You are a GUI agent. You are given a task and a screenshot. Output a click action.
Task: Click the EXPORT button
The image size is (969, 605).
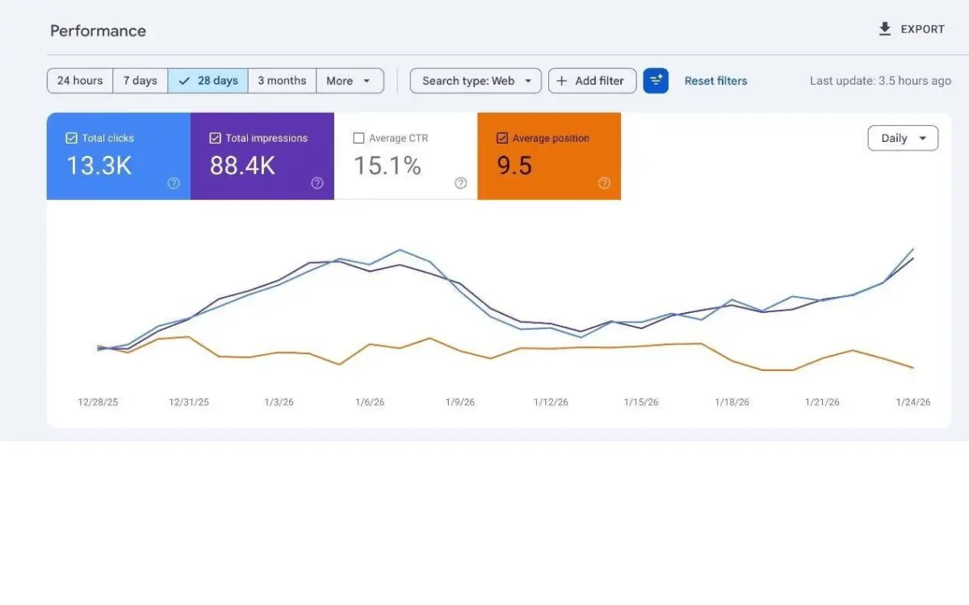[911, 29]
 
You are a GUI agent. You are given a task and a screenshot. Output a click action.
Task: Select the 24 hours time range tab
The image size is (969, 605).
[80, 81]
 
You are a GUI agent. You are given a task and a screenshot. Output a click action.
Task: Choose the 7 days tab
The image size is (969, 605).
[141, 81]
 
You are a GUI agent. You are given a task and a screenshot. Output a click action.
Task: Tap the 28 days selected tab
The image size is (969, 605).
[208, 81]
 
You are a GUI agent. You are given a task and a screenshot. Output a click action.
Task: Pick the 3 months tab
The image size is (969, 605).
[282, 81]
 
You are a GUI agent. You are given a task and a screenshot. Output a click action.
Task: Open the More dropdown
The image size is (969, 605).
[349, 81]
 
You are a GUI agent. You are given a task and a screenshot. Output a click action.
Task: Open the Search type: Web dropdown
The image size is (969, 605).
[476, 81]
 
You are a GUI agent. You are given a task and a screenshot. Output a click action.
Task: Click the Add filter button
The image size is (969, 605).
[592, 81]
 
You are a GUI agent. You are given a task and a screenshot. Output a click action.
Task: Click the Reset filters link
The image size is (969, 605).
[715, 81]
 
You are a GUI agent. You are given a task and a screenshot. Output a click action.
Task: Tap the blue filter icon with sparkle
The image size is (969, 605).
[656, 81]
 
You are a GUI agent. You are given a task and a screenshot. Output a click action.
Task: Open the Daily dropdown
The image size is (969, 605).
[902, 138]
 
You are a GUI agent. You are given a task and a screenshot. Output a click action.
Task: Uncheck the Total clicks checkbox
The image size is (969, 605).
[71, 138]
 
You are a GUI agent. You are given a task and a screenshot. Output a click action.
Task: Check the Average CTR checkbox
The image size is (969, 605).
[359, 138]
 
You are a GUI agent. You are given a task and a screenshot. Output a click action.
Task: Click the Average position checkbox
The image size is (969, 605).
[502, 138]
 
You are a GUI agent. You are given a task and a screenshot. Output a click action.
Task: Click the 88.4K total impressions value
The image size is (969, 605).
[242, 165]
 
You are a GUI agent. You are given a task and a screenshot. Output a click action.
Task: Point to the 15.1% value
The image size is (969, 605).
[388, 165]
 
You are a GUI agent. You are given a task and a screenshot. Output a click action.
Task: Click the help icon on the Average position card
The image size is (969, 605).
[604, 183]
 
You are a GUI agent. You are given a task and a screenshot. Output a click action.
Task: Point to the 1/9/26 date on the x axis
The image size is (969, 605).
[459, 402]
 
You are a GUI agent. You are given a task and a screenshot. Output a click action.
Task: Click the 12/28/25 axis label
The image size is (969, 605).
[98, 402]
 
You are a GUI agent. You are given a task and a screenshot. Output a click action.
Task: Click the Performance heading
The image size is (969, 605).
[98, 31]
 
